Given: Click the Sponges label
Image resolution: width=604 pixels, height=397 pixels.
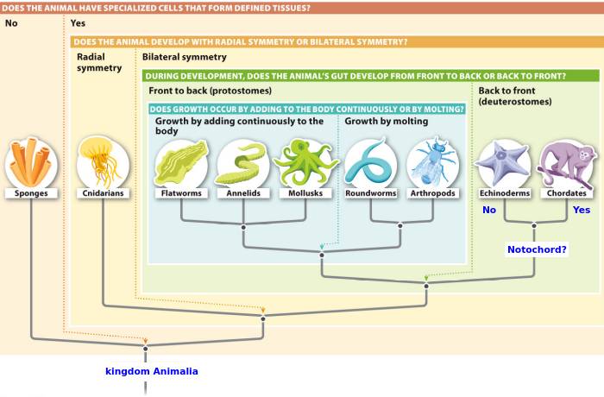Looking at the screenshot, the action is point(31,193).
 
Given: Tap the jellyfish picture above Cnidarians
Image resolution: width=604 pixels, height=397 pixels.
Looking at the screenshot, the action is point(103,162).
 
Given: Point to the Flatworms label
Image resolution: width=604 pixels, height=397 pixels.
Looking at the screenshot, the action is point(181,193).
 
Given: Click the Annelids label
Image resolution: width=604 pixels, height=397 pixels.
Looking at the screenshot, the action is point(243,193).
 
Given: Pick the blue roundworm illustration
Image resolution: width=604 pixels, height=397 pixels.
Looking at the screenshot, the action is point(370,162).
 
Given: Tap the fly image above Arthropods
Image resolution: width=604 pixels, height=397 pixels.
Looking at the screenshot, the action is point(433,162).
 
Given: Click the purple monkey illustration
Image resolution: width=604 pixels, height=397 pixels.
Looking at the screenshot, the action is point(567,164).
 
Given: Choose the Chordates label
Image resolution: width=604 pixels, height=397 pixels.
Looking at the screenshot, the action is point(567,193).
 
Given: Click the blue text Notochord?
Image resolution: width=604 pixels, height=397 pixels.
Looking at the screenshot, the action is point(537,249).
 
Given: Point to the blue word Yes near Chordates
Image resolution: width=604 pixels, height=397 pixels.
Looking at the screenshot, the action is point(582,210).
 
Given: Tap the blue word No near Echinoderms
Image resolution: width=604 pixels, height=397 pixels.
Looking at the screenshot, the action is point(489,210).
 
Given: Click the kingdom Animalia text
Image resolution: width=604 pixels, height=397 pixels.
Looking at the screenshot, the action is point(151,371).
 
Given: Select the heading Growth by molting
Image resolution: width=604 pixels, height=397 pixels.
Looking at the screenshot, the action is point(387,121).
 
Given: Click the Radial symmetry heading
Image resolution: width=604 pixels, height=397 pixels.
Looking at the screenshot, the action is point(99,62).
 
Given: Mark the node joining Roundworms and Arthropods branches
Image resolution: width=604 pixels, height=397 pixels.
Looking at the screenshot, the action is point(400,225).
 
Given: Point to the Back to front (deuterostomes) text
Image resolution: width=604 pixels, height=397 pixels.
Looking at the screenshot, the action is point(515,96).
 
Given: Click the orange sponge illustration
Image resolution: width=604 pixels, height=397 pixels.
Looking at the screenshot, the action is point(31,162).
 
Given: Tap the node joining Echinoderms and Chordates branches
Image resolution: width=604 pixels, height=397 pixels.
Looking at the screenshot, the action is point(534,225).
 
